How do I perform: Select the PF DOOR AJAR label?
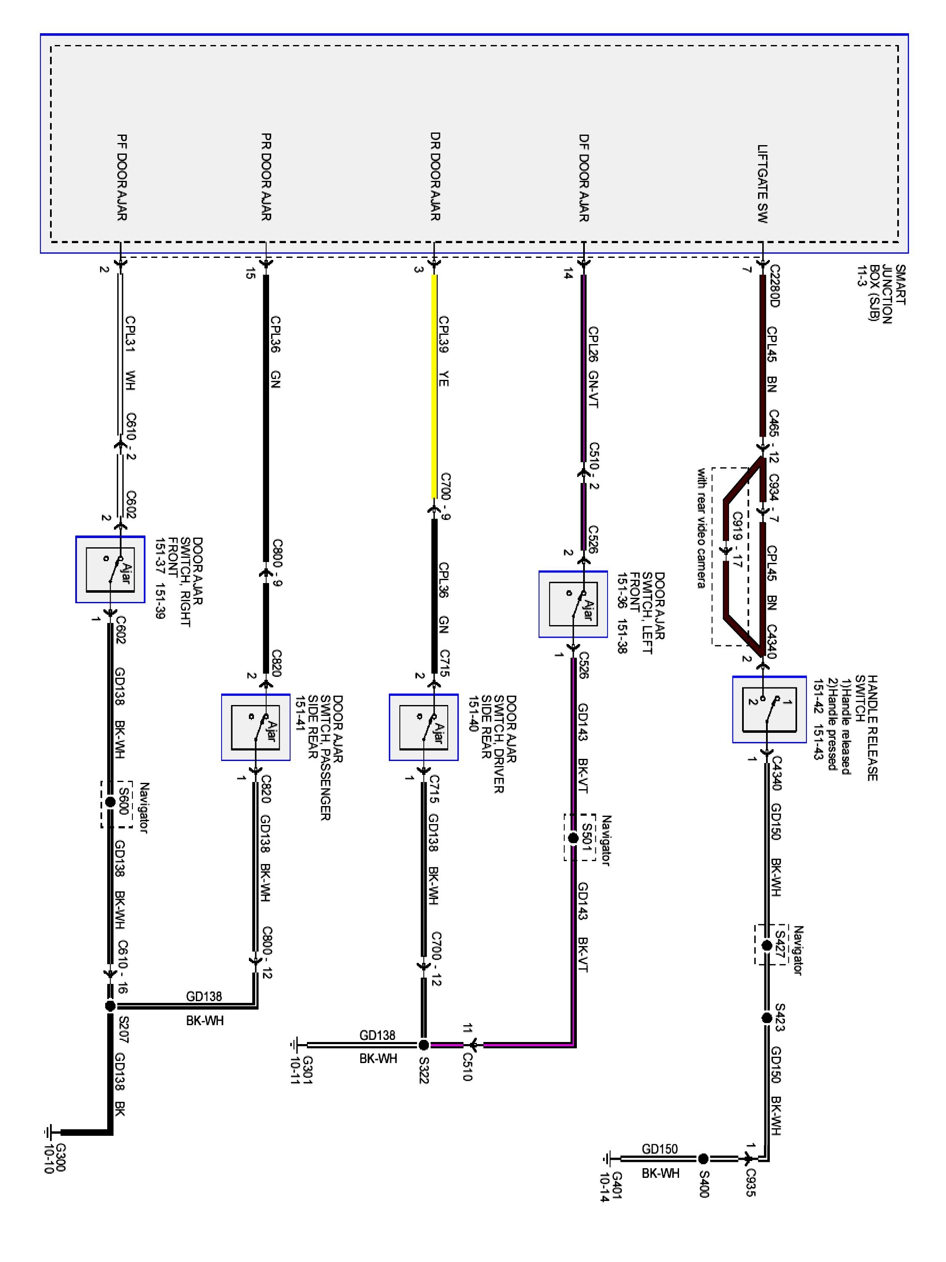click(x=121, y=178)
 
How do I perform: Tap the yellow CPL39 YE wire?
click(x=434, y=388)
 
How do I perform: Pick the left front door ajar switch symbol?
click(x=573, y=604)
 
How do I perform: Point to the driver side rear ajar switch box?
click(x=423, y=727)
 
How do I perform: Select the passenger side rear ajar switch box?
click(x=256, y=727)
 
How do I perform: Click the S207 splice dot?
click(x=111, y=1006)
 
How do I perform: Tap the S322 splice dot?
click(x=423, y=1045)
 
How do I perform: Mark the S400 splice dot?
click(x=703, y=1159)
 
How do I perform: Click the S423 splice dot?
click(x=767, y=1018)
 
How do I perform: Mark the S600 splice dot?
click(x=111, y=802)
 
